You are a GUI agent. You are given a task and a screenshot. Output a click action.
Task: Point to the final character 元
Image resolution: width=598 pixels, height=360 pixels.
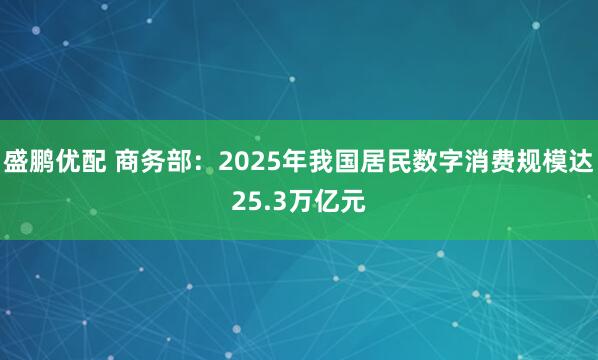coord(352,203)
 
